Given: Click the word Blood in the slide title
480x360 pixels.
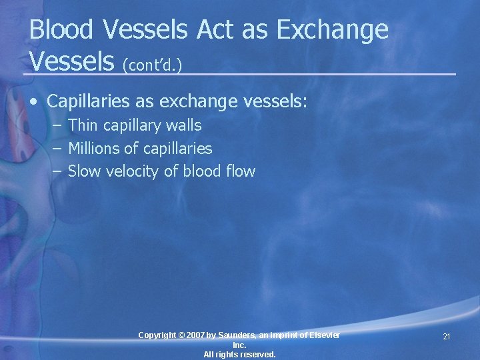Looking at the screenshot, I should click(x=62, y=30).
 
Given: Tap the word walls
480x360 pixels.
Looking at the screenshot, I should click(x=183, y=125).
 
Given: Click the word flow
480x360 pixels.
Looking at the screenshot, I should click(x=241, y=171).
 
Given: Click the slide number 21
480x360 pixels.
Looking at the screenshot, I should click(x=446, y=337).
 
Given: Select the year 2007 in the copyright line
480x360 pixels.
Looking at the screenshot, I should click(x=196, y=335).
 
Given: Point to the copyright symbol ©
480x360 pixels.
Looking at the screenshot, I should click(x=181, y=335).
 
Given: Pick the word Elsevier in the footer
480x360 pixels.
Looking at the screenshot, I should click(x=322, y=335).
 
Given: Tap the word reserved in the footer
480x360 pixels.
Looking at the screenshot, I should click(x=256, y=355).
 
